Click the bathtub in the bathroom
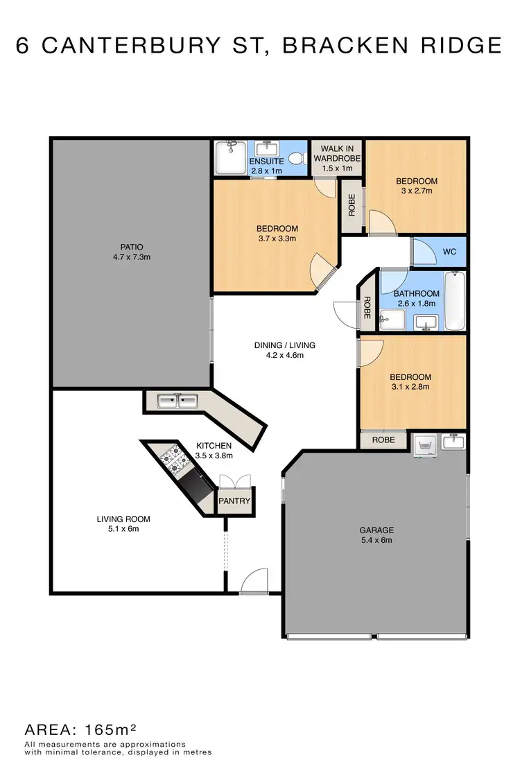455,302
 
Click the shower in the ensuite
228,157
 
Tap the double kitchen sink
177,401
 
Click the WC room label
450,252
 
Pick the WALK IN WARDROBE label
337,153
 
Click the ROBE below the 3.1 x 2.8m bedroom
383,440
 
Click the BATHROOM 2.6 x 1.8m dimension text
417,303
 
